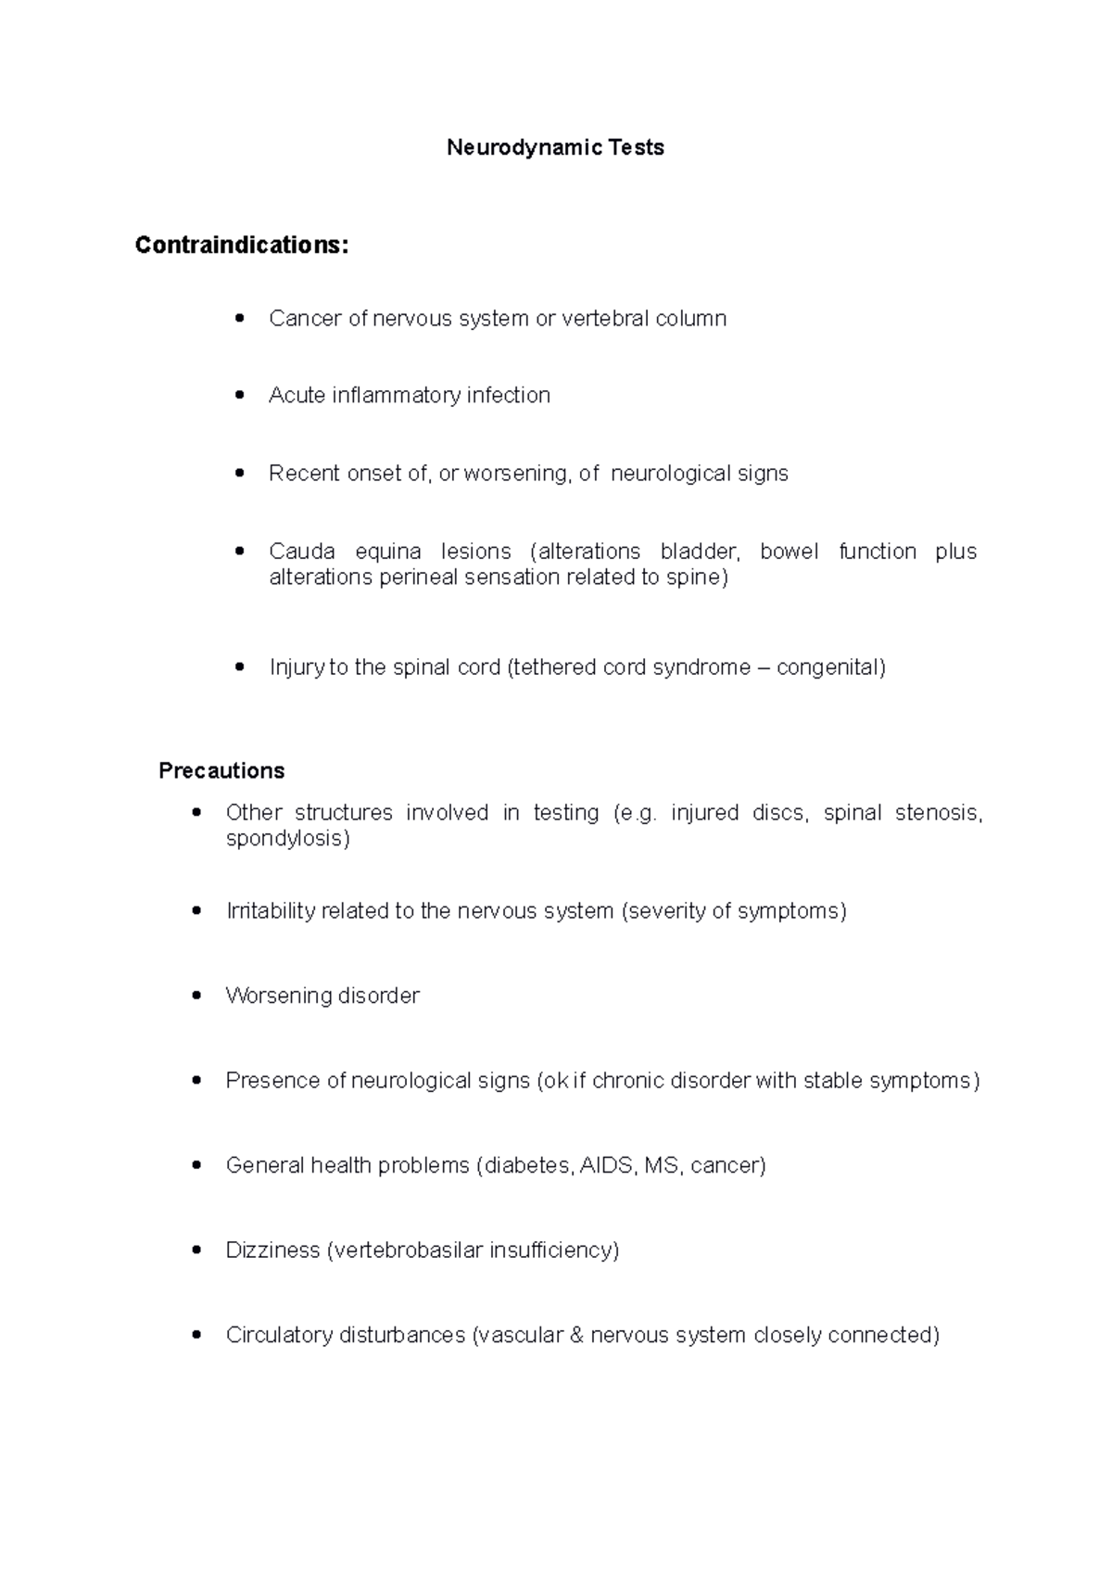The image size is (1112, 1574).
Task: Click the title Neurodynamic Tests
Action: (x=555, y=147)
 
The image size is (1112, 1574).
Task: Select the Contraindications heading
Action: (x=242, y=245)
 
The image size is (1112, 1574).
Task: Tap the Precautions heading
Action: (x=221, y=770)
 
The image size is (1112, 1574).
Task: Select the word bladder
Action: (x=700, y=552)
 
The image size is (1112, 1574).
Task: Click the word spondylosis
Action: (x=287, y=839)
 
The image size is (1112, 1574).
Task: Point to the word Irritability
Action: (x=271, y=911)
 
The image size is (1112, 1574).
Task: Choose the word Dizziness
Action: (x=272, y=1250)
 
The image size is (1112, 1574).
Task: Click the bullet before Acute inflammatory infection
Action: (x=241, y=395)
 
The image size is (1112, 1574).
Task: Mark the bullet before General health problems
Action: (x=196, y=1165)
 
